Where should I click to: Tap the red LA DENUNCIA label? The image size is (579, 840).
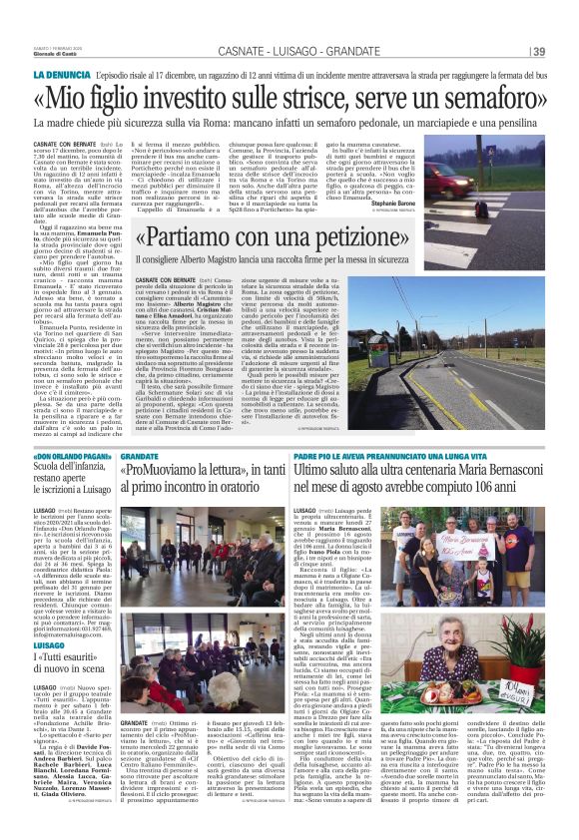[63, 75]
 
